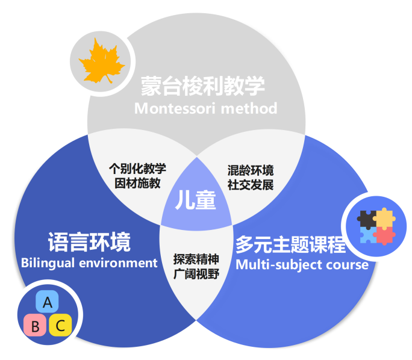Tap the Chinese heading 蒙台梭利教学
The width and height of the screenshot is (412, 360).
pyautogui.click(x=203, y=86)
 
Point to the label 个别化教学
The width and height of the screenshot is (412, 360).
pyautogui.click(x=137, y=169)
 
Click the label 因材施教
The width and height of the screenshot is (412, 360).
pyautogui.click(x=137, y=183)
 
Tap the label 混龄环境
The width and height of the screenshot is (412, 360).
pyautogui.click(x=251, y=170)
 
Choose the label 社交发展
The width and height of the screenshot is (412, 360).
pyautogui.click(x=251, y=184)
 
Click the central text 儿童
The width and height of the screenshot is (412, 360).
pyautogui.click(x=195, y=200)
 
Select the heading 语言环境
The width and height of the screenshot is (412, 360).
pyautogui.click(x=89, y=243)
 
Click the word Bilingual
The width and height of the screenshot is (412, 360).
pyautogui.click(x=48, y=263)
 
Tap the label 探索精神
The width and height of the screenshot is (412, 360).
pyautogui.click(x=195, y=260)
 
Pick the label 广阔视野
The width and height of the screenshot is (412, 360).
pyautogui.click(x=195, y=275)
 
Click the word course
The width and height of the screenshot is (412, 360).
pyautogui.click(x=346, y=264)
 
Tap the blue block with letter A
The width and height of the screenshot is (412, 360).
pyautogui.click(x=47, y=301)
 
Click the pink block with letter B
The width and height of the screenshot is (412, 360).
pyautogui.click(x=35, y=326)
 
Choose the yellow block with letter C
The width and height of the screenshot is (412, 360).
pyautogui.click(x=60, y=326)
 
